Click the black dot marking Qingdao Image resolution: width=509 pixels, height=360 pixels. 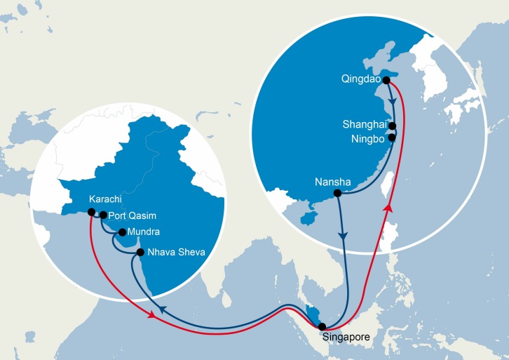386,80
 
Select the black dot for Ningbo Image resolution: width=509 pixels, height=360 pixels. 392,138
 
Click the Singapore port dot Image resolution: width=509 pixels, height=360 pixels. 322,326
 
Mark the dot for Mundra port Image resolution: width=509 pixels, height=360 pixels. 121,232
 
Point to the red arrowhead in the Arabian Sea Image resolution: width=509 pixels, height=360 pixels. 151,316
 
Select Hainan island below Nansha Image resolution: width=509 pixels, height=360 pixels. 306,218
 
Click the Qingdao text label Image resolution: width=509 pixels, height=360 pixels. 362,80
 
